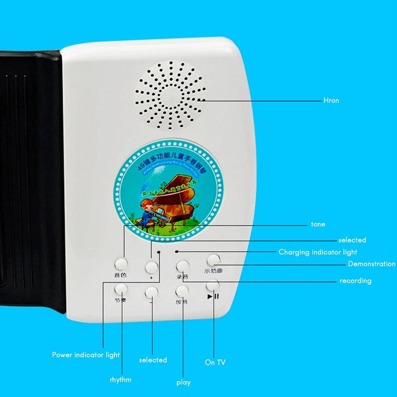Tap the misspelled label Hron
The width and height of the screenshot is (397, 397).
(331, 100)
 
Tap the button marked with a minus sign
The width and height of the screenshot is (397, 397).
(151, 293)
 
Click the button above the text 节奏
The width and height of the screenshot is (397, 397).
(121, 288)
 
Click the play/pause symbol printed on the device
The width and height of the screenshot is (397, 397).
(213, 296)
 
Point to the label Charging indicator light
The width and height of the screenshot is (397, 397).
(318, 252)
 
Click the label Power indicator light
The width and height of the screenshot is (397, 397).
(86, 355)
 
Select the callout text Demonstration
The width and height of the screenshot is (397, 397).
(372, 264)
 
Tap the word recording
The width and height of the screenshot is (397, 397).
(355, 281)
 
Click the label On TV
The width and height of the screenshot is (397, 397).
(215, 363)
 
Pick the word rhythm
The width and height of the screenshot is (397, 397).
(121, 380)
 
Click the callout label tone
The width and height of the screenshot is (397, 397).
(318, 224)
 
